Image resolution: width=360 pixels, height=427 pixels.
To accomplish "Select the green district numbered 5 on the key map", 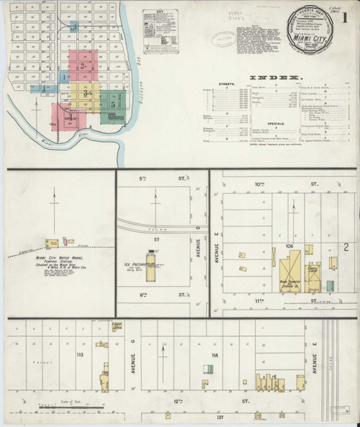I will point(113,104).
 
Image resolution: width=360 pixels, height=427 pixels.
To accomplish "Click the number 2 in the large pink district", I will point(83,67).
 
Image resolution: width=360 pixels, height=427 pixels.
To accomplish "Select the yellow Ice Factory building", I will point(150,259).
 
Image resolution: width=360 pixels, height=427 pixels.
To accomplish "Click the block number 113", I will point(80,355).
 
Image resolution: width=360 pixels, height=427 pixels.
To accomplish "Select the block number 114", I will point(215,355).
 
